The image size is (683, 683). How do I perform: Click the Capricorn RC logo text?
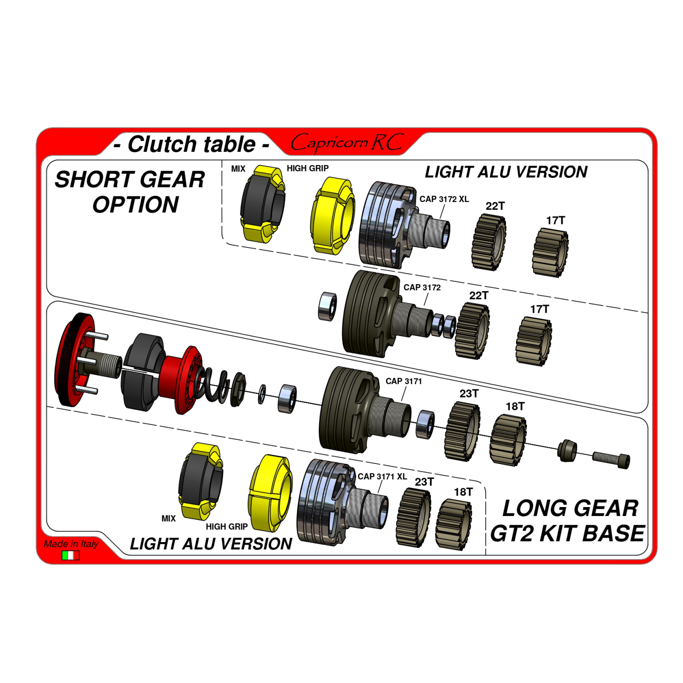(x=347, y=143)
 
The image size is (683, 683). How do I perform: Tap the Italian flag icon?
(x=71, y=555)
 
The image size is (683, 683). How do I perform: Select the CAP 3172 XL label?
(x=444, y=199)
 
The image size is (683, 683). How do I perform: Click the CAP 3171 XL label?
(x=382, y=476)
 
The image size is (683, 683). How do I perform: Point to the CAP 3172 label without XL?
(x=422, y=287)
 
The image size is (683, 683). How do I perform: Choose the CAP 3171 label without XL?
(x=403, y=381)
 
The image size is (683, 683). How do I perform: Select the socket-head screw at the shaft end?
(x=611, y=460)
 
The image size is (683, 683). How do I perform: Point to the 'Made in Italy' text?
(x=71, y=544)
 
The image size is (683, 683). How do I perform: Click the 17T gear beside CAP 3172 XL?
(x=550, y=252)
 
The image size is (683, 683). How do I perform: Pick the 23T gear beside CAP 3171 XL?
(x=413, y=517)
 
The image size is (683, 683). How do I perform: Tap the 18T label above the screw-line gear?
(x=515, y=406)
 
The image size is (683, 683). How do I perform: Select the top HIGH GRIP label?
(x=307, y=168)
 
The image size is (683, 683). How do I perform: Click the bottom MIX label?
(x=168, y=518)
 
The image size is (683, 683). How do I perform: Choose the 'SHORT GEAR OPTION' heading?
(x=130, y=192)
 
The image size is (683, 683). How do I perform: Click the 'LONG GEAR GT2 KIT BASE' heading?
(x=567, y=521)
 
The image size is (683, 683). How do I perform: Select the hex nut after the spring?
(x=238, y=389)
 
